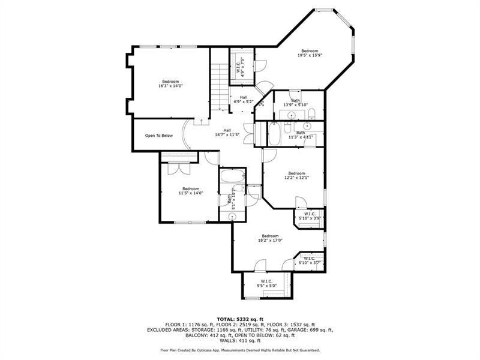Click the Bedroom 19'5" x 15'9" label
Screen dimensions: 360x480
click(310, 53)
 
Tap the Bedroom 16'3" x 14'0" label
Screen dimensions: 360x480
click(170, 84)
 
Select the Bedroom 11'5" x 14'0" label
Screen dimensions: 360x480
click(191, 191)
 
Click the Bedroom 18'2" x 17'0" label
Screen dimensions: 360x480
click(270, 238)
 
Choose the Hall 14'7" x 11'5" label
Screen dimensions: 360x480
click(227, 133)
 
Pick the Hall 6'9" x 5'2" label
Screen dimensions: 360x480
click(243, 100)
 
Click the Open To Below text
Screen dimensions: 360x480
click(159, 136)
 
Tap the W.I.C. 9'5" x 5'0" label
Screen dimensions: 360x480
click(266, 284)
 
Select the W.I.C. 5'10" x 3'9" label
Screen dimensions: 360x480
click(310, 216)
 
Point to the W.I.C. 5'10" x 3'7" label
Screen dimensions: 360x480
click(310, 260)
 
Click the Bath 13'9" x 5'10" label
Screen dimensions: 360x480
click(295, 103)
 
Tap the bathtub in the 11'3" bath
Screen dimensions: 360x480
click(274, 134)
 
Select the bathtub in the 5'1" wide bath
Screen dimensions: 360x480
click(232, 178)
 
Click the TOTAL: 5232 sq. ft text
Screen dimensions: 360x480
click(239, 319)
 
